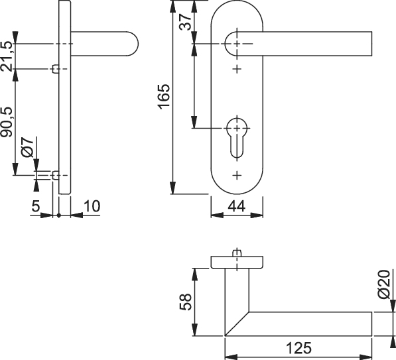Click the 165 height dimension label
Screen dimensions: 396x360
point(164,97)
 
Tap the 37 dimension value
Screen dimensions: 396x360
point(185,22)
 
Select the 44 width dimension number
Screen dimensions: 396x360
point(236,206)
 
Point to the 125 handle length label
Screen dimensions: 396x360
point(298,348)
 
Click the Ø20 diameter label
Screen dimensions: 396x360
point(384,284)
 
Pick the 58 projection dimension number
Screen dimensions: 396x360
point(186,302)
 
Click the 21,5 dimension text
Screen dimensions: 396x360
point(7,56)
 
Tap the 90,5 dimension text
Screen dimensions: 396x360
point(7,123)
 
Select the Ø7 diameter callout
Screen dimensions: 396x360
point(27,148)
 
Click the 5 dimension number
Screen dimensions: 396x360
point(36,206)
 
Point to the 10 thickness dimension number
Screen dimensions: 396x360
point(92,206)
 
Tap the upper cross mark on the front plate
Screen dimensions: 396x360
point(237,69)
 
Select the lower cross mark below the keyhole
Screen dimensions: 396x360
point(237,175)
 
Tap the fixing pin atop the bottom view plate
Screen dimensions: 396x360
point(237,253)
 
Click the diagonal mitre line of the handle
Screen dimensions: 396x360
point(237,324)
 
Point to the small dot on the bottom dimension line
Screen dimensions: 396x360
point(59,215)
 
